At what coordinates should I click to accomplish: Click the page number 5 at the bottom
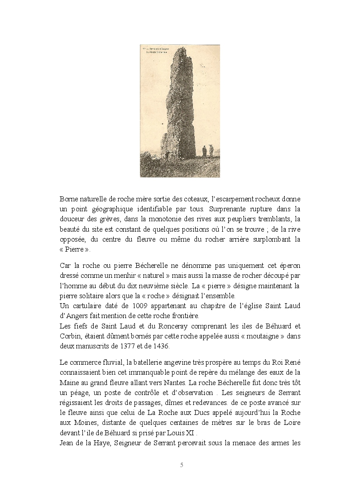click(x=181, y=465)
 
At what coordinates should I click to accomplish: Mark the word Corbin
click(x=69, y=336)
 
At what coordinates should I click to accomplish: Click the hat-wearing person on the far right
click(x=211, y=151)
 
